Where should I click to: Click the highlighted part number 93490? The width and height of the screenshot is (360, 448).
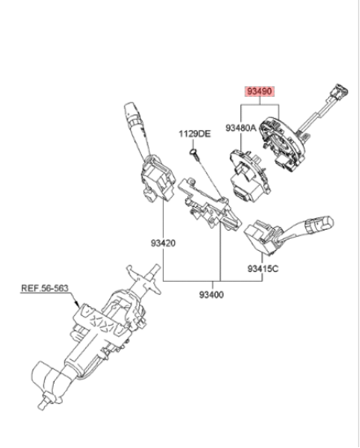(x=260, y=92)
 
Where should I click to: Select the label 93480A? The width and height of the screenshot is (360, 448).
(x=241, y=128)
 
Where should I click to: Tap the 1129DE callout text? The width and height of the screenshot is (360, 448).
(x=195, y=134)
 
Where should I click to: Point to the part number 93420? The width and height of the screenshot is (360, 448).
(x=163, y=244)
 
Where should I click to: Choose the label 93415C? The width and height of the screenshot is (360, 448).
(x=262, y=269)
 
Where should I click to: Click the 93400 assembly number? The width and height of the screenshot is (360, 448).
(x=212, y=294)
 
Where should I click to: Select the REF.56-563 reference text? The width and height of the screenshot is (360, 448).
(x=45, y=288)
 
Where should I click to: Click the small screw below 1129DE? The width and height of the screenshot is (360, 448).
(x=195, y=153)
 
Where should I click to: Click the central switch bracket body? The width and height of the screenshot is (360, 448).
(x=209, y=204)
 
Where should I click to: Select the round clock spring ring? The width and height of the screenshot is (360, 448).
(x=283, y=143)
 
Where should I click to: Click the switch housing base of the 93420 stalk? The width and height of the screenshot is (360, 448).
(x=158, y=178)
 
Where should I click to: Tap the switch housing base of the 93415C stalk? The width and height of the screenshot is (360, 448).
(x=261, y=236)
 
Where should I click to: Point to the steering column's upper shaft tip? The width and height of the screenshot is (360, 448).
(x=156, y=268)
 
